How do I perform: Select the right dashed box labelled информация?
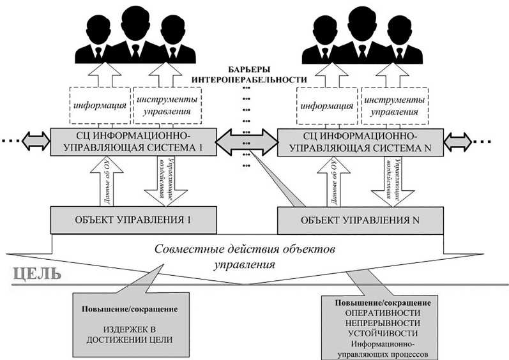326,105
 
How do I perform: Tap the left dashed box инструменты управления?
167,105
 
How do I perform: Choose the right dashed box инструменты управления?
394,105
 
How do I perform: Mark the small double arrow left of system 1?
36,140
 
